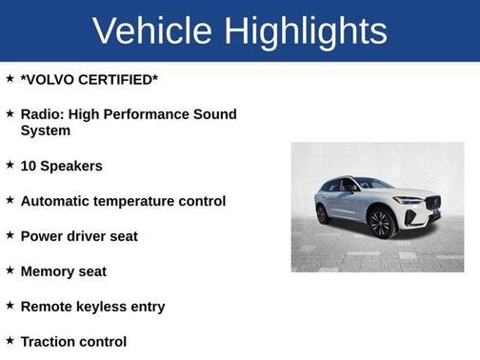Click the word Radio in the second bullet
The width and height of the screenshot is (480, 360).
[41, 114]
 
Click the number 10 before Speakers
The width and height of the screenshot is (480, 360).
[29, 166]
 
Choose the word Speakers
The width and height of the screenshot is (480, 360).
[71, 166]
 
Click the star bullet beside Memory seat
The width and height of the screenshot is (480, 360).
[10, 270]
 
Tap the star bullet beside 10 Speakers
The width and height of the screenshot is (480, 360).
[10, 165]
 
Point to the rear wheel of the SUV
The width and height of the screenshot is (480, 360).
[324, 213]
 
